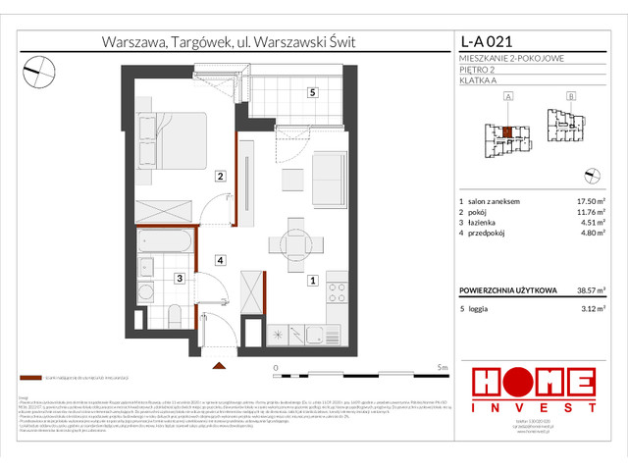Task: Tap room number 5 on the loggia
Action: tap(311, 93)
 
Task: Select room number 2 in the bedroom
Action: tap(222, 177)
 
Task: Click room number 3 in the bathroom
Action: tap(180, 279)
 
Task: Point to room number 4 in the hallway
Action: tap(222, 260)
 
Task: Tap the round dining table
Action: tap(294, 243)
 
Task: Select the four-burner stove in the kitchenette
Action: tap(338, 292)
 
